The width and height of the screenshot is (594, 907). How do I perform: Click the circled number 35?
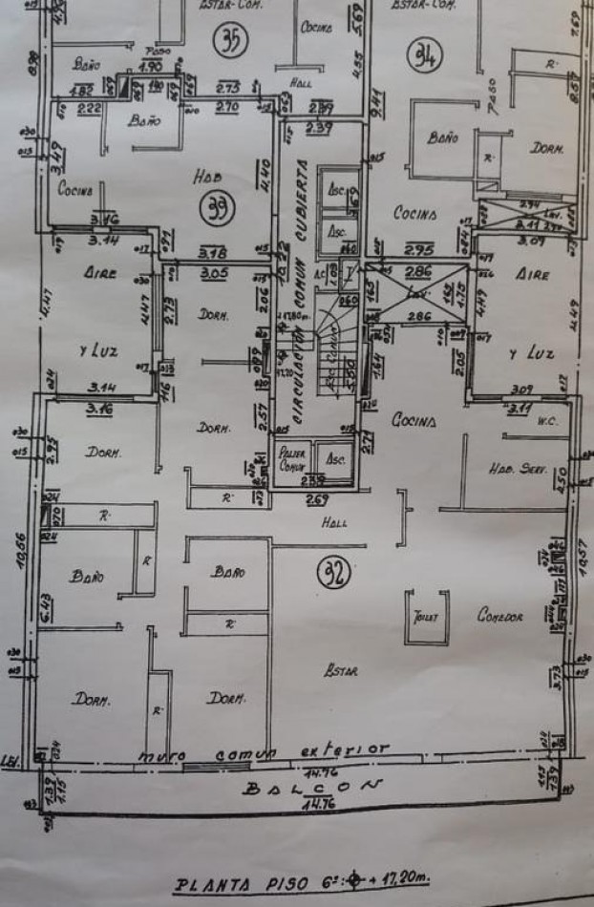pyautogui.click(x=230, y=41)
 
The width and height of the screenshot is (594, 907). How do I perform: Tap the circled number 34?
pyautogui.click(x=424, y=57)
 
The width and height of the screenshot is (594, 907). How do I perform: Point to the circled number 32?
pyautogui.click(x=333, y=573)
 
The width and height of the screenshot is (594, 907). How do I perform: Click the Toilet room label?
pyautogui.click(x=425, y=617)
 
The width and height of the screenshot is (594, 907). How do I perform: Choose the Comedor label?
pyautogui.click(x=500, y=617)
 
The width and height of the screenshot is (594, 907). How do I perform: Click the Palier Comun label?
pyautogui.click(x=290, y=461)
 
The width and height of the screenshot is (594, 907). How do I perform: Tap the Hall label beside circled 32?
pyautogui.click(x=334, y=522)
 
